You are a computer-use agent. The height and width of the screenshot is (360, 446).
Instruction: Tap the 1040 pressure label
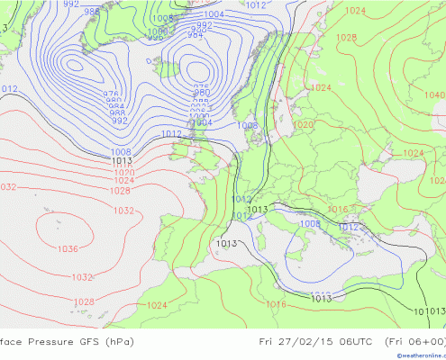pos(434,94)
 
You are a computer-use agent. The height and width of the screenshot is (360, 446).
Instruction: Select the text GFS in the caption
pos(93,341)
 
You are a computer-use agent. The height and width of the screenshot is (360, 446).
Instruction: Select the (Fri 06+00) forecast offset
pos(414,341)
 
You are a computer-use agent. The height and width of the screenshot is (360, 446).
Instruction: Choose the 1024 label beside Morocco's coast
pos(156,305)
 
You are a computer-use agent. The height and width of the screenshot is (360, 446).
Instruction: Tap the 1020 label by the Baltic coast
pos(303,125)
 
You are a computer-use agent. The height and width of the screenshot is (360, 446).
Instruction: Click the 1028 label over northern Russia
pos(345,38)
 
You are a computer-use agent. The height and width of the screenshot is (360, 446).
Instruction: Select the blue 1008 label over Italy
pos(309,224)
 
